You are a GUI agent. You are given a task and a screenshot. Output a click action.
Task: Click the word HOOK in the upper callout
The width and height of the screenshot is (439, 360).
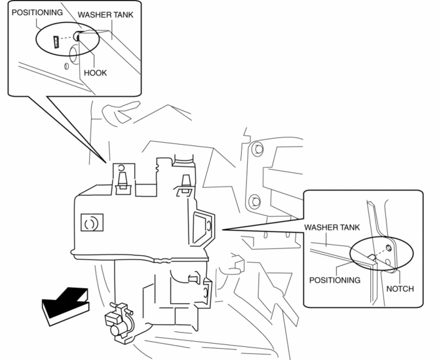(95, 73)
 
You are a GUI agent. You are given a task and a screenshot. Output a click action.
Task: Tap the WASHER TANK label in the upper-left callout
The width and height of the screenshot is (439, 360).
(109, 14)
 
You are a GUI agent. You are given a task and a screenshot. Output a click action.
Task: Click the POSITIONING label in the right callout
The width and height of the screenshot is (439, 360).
(335, 279)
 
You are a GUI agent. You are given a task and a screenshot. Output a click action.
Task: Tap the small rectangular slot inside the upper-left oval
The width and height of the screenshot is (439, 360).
(56, 43)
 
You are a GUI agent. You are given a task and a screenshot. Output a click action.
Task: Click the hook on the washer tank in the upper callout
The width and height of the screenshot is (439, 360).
(77, 38)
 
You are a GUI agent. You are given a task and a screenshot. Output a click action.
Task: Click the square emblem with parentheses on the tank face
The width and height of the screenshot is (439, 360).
(90, 223)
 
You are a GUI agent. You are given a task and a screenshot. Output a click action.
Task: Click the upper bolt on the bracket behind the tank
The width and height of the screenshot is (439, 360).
(256, 150)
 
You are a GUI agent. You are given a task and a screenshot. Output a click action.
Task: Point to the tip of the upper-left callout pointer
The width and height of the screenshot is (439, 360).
(109, 163)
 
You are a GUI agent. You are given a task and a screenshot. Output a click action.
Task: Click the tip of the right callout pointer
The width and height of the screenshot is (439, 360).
(223, 230)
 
